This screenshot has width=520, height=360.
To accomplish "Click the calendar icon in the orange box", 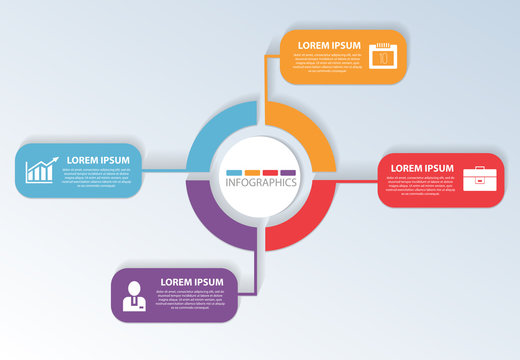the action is tap(384, 55).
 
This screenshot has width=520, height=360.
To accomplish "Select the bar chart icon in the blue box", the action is tap(40, 172).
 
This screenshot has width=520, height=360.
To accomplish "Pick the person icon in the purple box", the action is tap(132, 296).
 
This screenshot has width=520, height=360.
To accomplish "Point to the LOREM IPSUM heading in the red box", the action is tap(422, 168).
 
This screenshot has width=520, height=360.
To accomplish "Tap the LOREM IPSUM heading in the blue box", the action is tap(98, 160).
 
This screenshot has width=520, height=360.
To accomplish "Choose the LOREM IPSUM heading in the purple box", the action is tap(192, 282).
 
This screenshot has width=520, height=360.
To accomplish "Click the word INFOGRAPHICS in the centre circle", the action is tap(261, 183).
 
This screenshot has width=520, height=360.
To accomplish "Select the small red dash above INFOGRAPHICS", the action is tap(270, 172).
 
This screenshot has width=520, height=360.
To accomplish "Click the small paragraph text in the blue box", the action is tap(97, 178).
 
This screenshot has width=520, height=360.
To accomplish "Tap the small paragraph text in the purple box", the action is tap(191, 300).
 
